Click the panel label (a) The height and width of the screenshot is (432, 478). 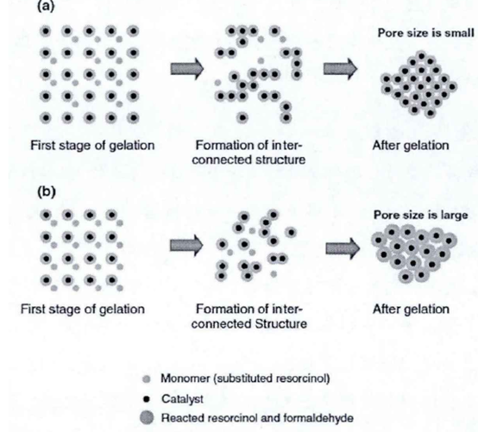(46, 6)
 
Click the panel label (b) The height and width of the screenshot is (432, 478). (47, 192)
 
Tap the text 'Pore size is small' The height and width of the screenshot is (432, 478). (426, 33)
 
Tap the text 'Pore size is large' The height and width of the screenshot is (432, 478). (421, 215)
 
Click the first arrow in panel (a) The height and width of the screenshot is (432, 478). (187, 68)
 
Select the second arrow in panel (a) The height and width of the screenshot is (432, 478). (340, 68)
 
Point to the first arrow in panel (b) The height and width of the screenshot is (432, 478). (186, 246)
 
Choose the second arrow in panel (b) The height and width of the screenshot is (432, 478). (343, 248)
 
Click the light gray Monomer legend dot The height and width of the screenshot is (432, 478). (147, 379)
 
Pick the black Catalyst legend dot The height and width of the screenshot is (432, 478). (147, 398)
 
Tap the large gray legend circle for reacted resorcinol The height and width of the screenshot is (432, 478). (147, 417)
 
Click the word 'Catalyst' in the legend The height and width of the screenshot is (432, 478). (182, 398)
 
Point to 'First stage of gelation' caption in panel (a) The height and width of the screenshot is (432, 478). (92, 146)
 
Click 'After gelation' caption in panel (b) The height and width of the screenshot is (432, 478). (411, 310)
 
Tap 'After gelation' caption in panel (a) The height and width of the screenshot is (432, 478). (411, 146)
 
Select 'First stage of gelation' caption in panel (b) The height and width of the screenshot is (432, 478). (83, 310)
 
